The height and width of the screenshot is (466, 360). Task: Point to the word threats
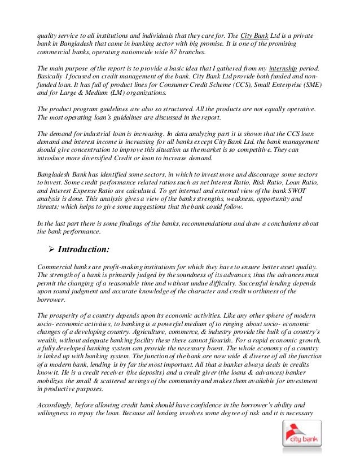pos(49,209)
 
